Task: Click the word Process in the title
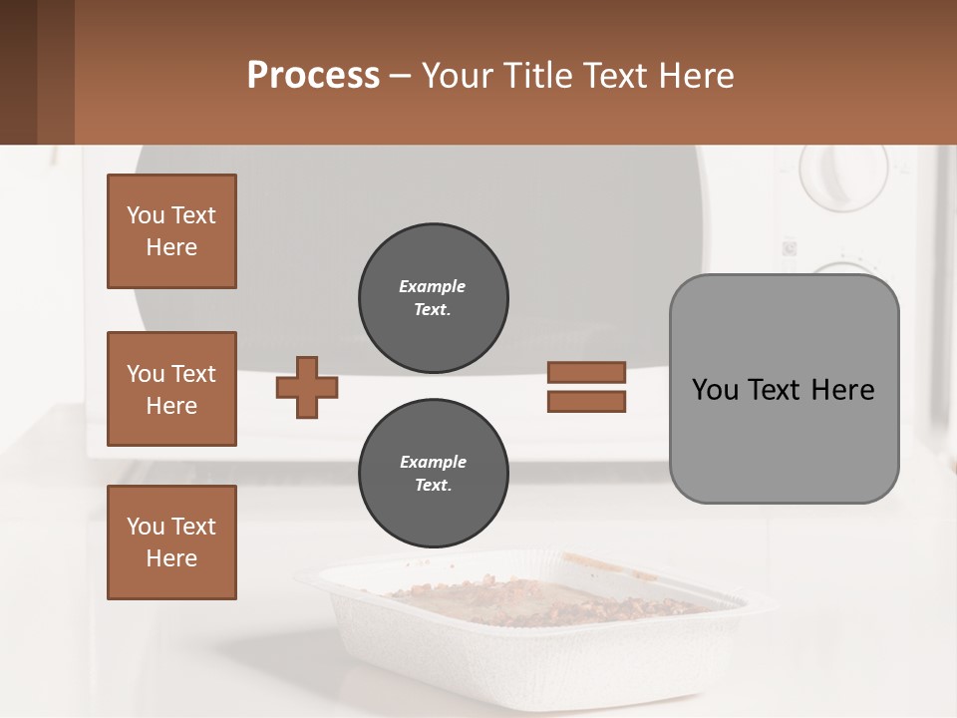click(x=313, y=76)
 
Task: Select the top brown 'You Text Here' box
click(x=171, y=231)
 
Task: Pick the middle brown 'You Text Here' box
click(x=171, y=389)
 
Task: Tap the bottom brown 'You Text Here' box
click(x=171, y=542)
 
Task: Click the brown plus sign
click(x=307, y=387)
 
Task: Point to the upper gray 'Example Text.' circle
click(x=433, y=298)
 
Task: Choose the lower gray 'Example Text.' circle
click(x=433, y=474)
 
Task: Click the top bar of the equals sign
click(x=586, y=372)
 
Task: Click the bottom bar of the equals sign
click(x=586, y=402)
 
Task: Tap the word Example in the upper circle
click(x=433, y=286)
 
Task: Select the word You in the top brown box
click(x=145, y=215)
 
